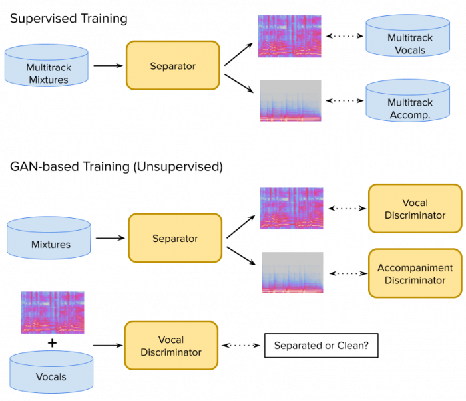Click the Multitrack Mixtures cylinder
pos(47,66)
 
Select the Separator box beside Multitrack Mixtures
pos(172,65)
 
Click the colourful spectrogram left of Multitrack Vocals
pos(290,37)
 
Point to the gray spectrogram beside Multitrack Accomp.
pos(290,101)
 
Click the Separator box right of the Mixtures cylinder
pos(175,238)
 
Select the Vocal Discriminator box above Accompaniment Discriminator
pos(415,209)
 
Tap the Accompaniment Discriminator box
pos(415,273)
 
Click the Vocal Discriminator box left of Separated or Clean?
pos(171,346)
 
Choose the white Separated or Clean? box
pos(321,346)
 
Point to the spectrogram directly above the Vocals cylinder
pos(53,313)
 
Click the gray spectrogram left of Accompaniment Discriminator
pos(292,273)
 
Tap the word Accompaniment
pos(415,268)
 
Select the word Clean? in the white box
pos(355,346)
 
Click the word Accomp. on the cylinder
pos(409,114)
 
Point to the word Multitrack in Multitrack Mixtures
pos(49,67)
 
